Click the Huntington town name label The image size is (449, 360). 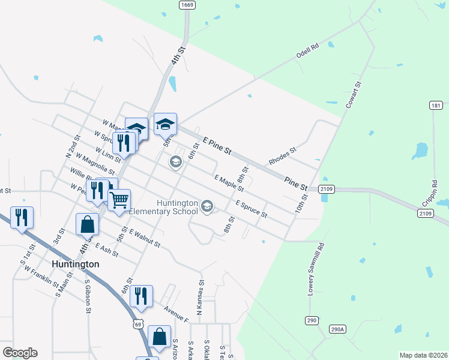(x=75, y=264)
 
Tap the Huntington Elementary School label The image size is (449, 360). (x=178, y=207)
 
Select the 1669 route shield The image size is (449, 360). (x=187, y=5)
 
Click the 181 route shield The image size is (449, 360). (x=436, y=106)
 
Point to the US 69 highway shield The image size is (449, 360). (x=139, y=324)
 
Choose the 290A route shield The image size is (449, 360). (x=338, y=329)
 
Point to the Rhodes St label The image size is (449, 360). (x=283, y=158)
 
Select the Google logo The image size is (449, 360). (x=20, y=353)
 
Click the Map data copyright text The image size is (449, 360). (x=423, y=355)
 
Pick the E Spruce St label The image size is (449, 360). (x=251, y=209)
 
